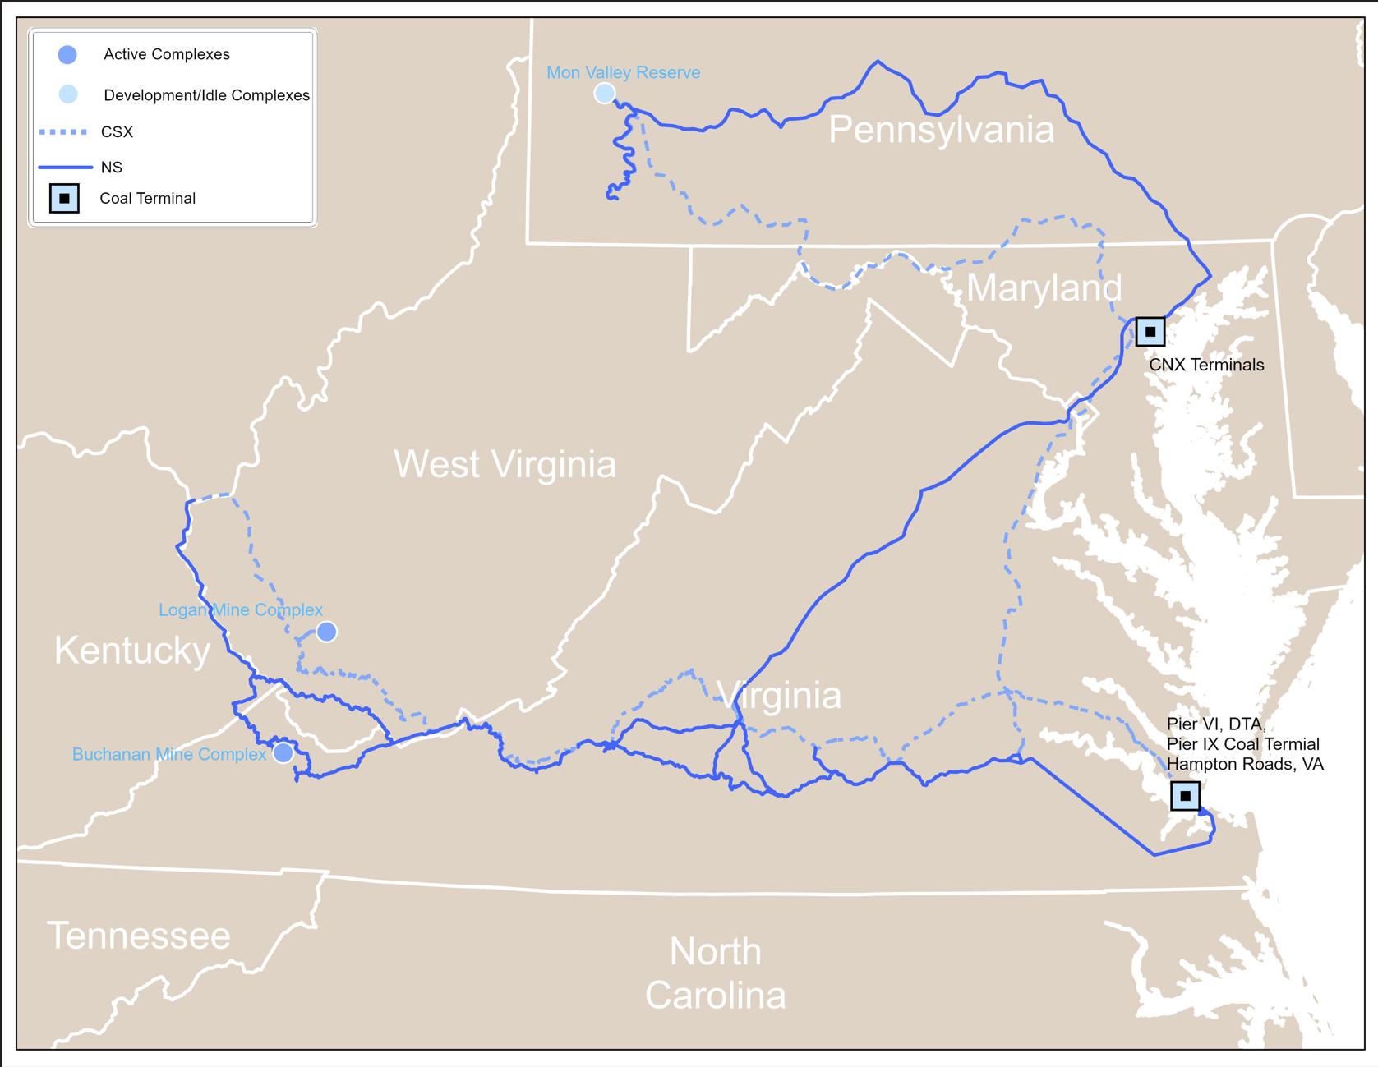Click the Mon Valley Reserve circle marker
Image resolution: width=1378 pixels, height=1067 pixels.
605,93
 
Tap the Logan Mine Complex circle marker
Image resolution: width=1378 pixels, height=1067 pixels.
326,632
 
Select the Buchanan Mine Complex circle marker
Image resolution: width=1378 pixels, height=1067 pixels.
283,752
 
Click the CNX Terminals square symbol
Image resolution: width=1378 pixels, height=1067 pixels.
1150,332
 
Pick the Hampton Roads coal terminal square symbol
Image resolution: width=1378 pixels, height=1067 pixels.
1185,796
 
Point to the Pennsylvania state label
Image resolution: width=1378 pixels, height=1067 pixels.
941,131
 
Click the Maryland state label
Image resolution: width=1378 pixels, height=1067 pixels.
1044,287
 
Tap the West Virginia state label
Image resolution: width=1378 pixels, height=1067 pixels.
505,464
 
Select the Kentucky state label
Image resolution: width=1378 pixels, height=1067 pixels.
132,651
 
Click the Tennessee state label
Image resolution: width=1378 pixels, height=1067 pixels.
139,936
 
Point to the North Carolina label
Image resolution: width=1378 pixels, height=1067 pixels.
715,973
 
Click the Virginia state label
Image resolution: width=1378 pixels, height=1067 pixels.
781,696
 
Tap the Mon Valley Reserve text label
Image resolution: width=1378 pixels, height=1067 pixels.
624,72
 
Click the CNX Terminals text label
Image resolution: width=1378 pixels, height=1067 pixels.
1206,365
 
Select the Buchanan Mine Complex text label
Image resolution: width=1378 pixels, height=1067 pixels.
169,754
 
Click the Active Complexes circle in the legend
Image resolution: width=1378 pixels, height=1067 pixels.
67,55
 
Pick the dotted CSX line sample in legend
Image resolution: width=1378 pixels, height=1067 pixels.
62,132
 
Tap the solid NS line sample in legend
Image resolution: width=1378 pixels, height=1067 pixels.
65,168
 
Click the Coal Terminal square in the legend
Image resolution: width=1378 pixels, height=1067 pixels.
64,199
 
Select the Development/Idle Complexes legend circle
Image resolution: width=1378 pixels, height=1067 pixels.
68,94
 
